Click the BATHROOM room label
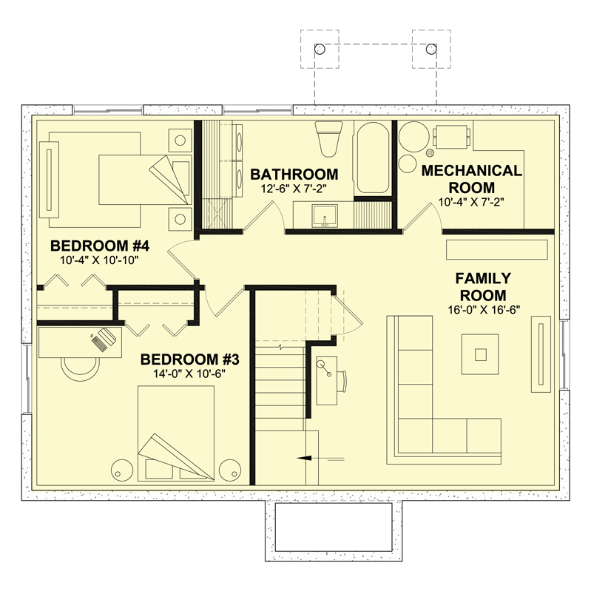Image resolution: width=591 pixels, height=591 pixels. [x=294, y=175]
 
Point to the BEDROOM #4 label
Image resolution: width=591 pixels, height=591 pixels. [x=90, y=246]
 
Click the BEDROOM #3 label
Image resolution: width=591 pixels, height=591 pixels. [x=189, y=359]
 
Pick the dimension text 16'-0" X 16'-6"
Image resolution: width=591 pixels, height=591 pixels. [x=484, y=309]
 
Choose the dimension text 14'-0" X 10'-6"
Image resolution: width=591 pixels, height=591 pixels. [x=189, y=374]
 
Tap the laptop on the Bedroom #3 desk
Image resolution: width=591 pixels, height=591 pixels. [x=104, y=338]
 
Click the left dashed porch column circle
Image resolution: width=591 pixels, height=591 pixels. [x=320, y=49]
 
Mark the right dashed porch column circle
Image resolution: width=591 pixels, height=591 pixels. [x=430, y=49]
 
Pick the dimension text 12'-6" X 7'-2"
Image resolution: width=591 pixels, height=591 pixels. [x=294, y=189]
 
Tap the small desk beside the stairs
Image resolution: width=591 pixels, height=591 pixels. [x=327, y=379]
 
